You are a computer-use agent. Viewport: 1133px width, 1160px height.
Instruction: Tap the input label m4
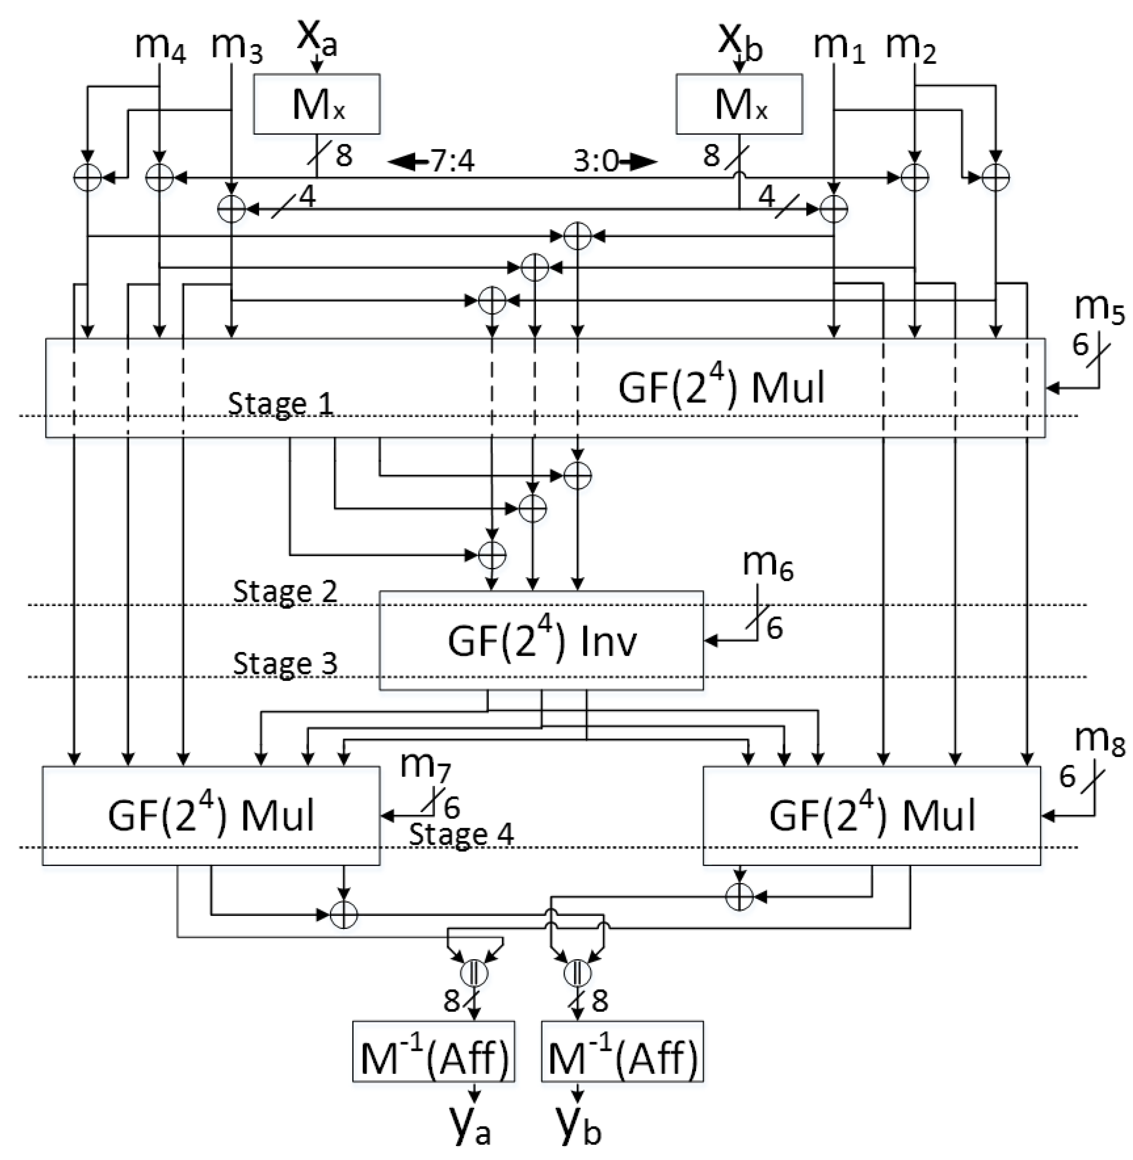click(160, 46)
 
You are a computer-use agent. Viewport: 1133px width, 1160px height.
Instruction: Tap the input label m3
click(237, 46)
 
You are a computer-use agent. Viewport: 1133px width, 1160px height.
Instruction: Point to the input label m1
click(839, 46)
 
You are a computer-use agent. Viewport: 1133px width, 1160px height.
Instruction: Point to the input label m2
click(910, 46)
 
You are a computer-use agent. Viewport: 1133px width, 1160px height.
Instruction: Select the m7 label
click(425, 765)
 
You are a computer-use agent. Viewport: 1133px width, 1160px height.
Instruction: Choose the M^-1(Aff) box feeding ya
click(434, 1058)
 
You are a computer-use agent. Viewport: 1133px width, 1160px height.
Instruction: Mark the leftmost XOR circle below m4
click(87, 177)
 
